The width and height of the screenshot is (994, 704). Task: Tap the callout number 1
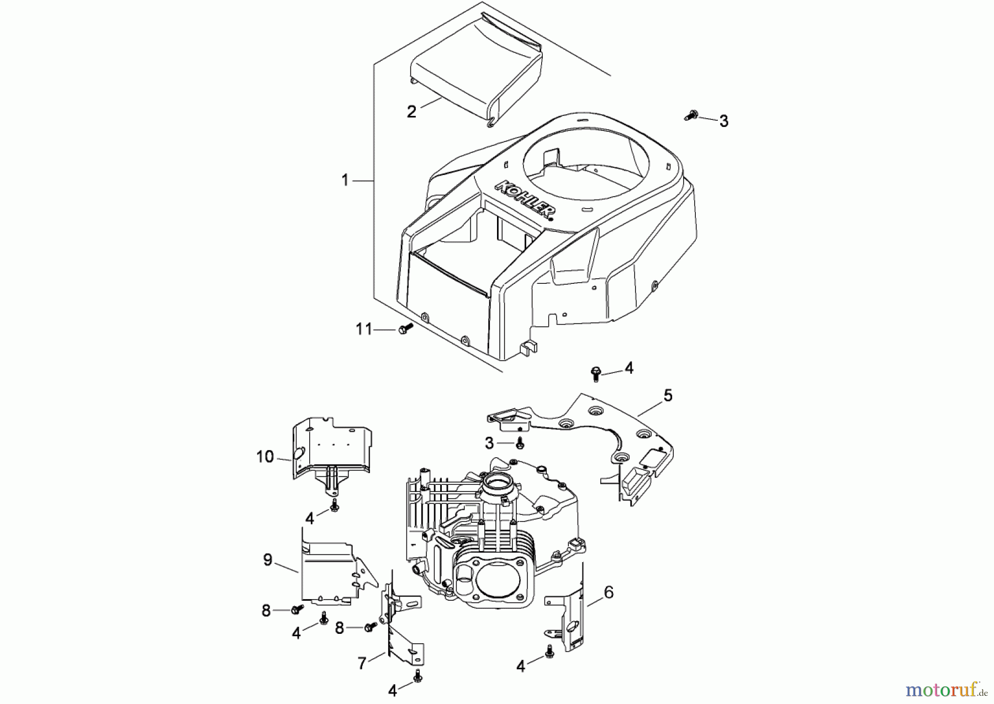[345, 181]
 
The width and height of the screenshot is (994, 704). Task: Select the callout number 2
[411, 112]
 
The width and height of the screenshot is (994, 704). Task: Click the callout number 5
[668, 395]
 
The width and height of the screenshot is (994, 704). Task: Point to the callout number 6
[609, 592]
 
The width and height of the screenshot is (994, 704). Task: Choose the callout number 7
[362, 663]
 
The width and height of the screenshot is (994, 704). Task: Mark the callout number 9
[268, 560]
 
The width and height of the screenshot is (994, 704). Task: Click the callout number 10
[265, 457]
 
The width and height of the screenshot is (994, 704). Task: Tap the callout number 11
[364, 330]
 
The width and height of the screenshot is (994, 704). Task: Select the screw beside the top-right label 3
[691, 116]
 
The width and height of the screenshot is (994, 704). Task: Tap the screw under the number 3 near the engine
[520, 442]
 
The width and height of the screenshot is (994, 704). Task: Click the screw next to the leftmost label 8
[297, 608]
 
